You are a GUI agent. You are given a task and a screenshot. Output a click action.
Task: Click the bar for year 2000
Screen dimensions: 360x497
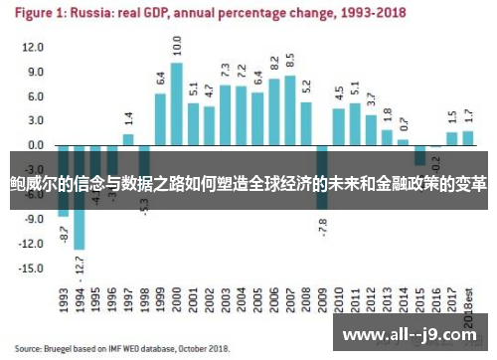(177, 104)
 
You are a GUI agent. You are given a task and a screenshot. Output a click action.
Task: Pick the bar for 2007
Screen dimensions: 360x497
(290, 110)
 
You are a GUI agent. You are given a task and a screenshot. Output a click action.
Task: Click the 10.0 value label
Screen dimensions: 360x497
(177, 45)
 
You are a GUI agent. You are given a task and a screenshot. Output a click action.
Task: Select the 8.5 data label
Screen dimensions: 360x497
(290, 60)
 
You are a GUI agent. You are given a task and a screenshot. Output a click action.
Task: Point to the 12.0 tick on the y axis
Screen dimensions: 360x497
(34, 48)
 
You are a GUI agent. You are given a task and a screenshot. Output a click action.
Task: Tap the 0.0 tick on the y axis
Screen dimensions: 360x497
(36, 145)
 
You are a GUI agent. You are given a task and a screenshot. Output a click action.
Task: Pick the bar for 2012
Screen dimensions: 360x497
(371, 130)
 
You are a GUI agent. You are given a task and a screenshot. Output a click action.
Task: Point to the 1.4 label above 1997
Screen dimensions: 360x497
(128, 118)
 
